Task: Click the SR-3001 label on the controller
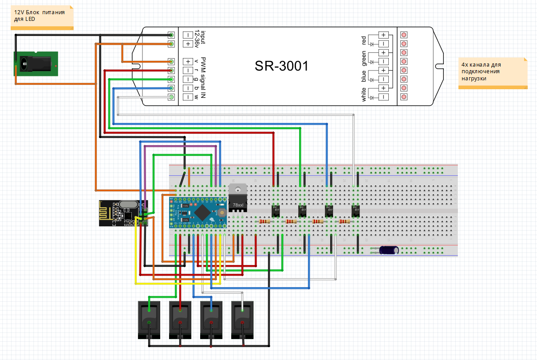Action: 281,66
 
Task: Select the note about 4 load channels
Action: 493,71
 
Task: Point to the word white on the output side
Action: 364,94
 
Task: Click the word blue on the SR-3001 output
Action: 364,76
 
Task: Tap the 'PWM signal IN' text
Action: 203,78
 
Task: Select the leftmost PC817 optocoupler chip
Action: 276,210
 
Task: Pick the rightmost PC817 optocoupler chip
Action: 356,210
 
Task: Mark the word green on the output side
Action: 364,58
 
